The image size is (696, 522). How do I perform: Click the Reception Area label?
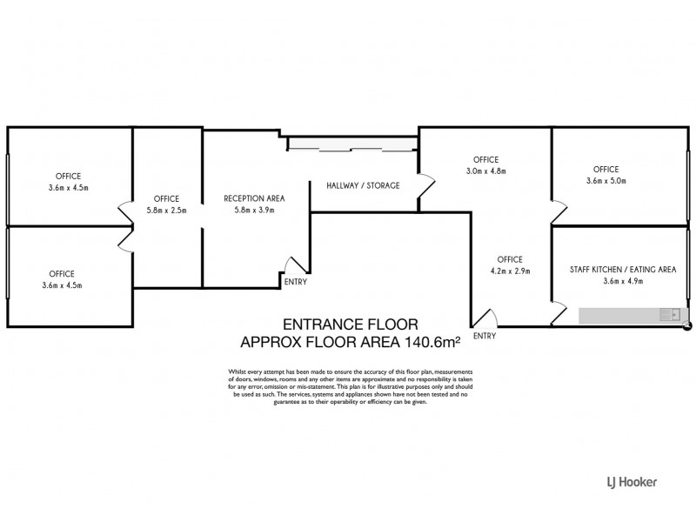pos(254,198)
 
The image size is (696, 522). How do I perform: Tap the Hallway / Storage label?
pos(363,185)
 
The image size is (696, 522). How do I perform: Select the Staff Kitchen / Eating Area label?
pos(623,270)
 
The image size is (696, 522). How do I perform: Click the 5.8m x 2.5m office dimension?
pos(166,211)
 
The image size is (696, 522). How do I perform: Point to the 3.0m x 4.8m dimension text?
pos(486,171)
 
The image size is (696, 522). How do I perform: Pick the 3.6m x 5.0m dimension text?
pos(606,181)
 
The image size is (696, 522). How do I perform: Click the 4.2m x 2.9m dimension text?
pos(510,271)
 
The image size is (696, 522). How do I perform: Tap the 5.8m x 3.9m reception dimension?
pos(254,210)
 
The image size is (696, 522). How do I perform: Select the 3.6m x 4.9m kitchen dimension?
pos(623,280)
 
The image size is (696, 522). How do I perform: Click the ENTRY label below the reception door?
pos(296,282)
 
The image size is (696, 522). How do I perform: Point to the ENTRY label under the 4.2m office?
pos(485,336)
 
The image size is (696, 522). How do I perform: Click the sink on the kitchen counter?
pos(670,315)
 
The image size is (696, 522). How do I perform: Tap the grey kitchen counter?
pos(633,315)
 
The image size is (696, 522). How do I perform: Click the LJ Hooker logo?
pos(632,482)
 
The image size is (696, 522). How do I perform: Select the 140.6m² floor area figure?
pos(431,342)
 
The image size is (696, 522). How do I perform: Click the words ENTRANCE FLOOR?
pos(351,325)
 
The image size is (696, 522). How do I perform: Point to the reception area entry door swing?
pos(296,265)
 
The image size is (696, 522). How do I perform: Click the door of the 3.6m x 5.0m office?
pos(559,212)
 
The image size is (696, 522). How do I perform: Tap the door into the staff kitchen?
pos(559,313)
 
